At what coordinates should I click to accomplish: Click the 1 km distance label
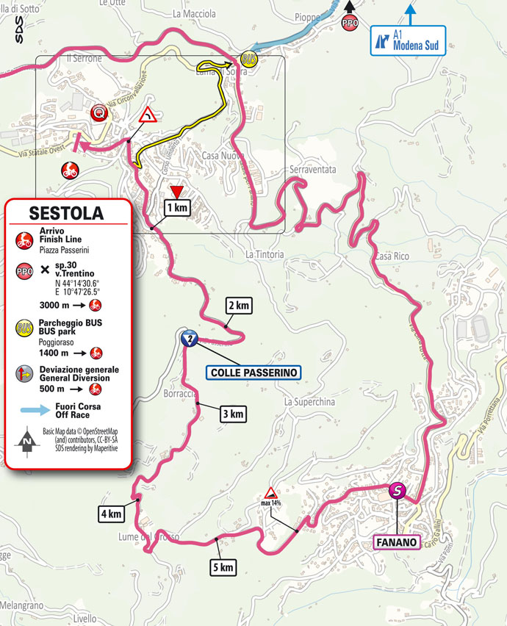click(176, 209)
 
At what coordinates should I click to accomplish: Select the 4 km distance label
click(111, 514)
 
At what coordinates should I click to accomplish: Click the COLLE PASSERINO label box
click(252, 373)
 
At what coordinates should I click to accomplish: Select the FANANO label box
click(397, 543)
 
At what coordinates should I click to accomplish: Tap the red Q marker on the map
click(97, 112)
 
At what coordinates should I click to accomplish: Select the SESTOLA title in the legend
click(66, 214)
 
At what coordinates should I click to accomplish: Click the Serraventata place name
click(313, 170)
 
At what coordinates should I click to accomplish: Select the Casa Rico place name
click(391, 256)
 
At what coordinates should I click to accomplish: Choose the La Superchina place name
click(309, 402)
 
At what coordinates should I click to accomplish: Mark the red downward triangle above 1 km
click(176, 193)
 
